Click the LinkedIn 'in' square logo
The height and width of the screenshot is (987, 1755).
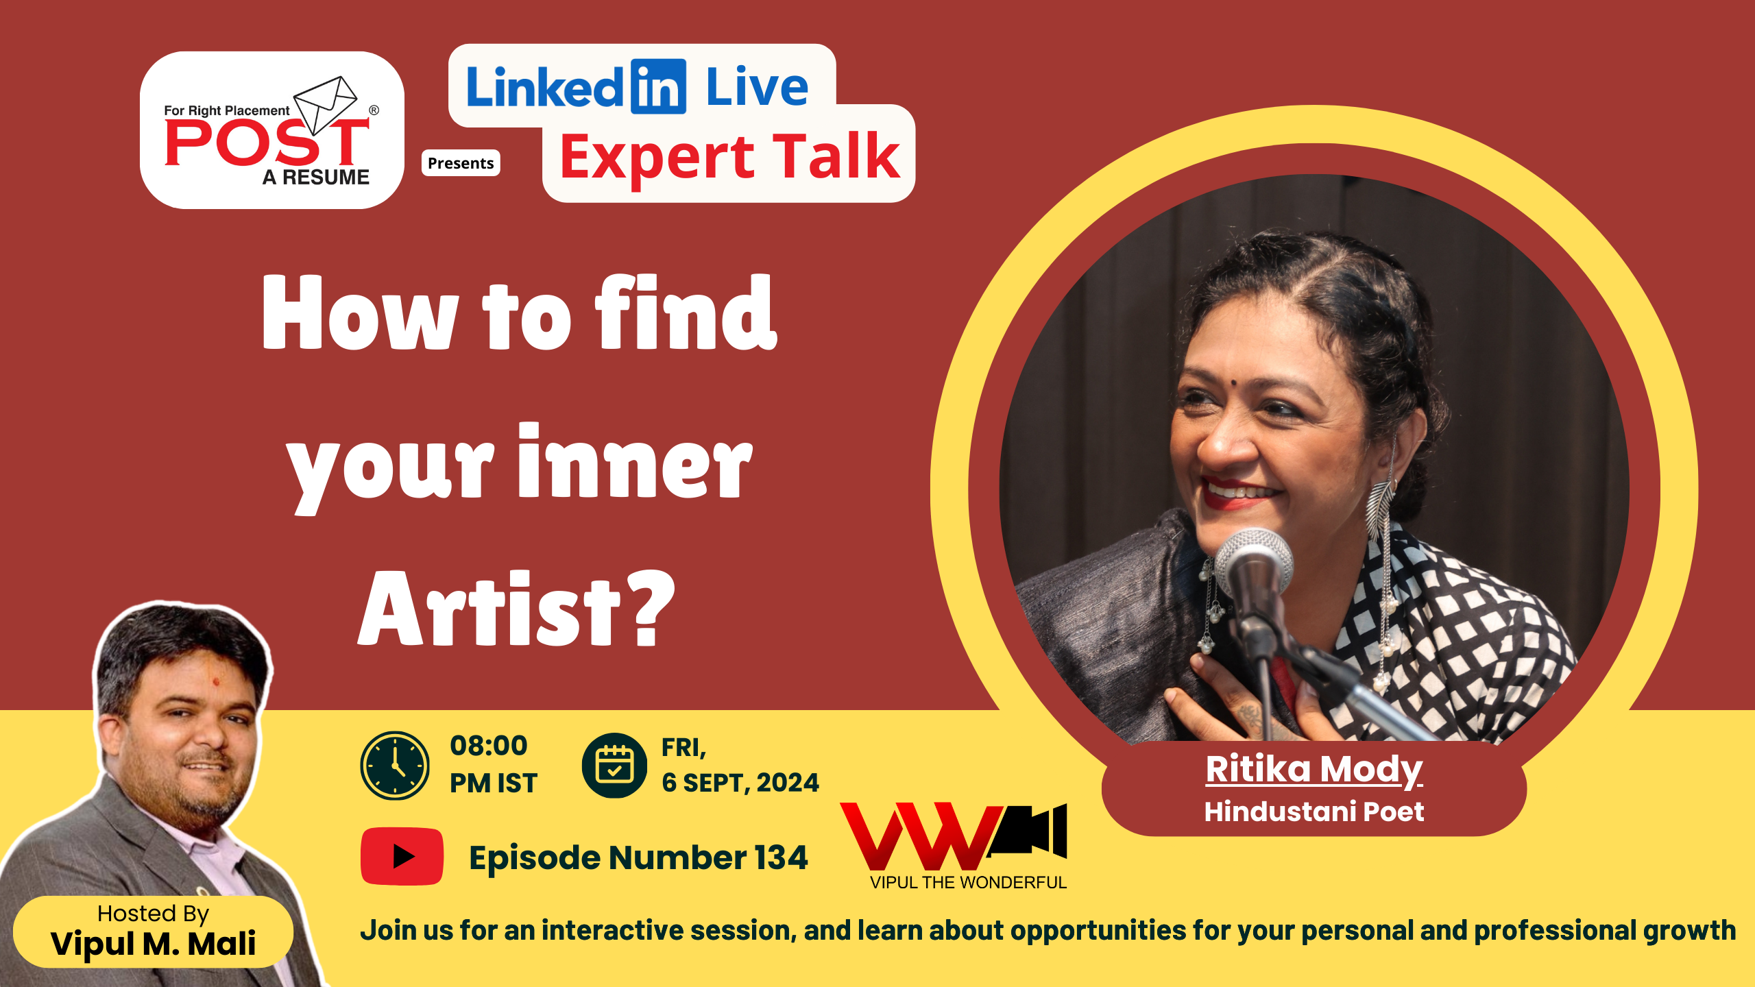(x=658, y=86)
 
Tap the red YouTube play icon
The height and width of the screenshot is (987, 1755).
(x=402, y=856)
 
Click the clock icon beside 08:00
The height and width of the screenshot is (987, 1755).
(x=395, y=765)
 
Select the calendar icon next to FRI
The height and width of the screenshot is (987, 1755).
(x=614, y=765)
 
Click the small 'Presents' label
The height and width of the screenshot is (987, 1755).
(x=461, y=163)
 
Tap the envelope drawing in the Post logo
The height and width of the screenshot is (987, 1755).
(x=326, y=104)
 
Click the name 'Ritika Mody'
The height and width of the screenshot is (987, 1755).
(x=1314, y=769)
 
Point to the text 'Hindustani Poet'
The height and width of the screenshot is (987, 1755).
(x=1314, y=812)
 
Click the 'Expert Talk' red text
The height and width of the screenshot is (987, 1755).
(x=730, y=157)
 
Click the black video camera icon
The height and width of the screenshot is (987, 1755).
(x=1028, y=830)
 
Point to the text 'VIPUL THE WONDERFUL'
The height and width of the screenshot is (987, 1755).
(x=968, y=882)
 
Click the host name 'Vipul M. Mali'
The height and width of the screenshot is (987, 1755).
(x=154, y=944)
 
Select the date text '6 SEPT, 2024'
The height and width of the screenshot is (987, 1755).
(x=740, y=783)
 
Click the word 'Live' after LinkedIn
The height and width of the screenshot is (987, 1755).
(x=758, y=87)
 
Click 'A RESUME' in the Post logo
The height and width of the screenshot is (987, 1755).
(x=316, y=178)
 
